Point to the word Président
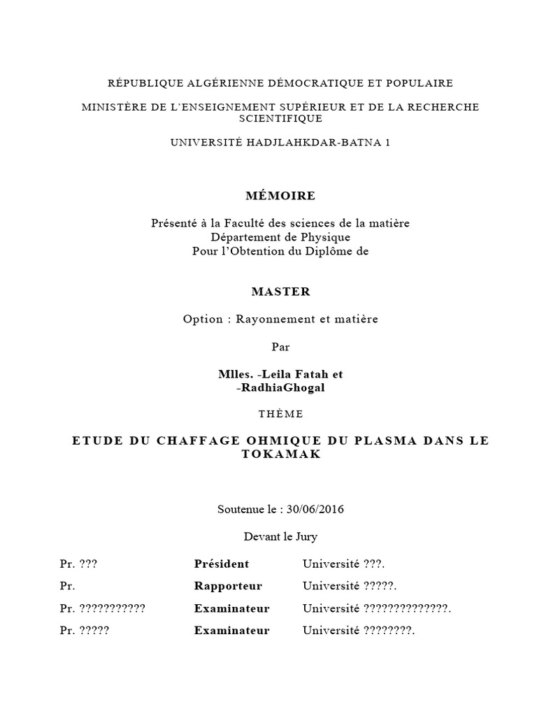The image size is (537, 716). pos(221,564)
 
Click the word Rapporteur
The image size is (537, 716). pos(228,586)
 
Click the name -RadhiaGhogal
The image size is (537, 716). pos(281,389)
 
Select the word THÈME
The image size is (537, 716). pos(280,414)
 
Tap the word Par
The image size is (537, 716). pos(280,347)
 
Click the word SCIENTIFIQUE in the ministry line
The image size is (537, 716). pos(280,119)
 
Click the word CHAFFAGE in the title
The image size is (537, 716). pos(169,441)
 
